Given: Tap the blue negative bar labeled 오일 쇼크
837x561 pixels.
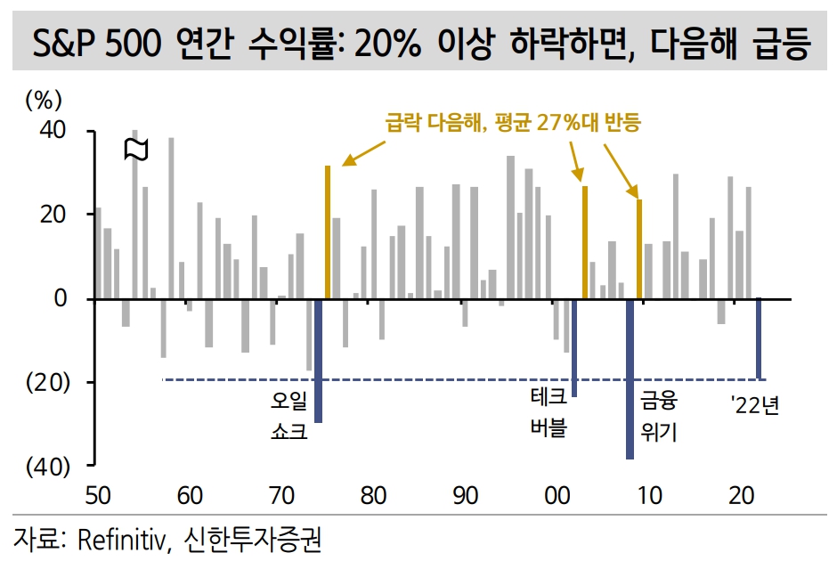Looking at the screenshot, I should (x=318, y=361).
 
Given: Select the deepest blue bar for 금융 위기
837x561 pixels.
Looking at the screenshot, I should (x=630, y=378).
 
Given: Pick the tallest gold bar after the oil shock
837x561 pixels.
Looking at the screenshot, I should (x=328, y=232).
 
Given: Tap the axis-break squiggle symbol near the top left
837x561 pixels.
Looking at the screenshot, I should (x=134, y=149).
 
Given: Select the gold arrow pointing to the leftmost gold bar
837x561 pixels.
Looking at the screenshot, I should (x=361, y=153).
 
